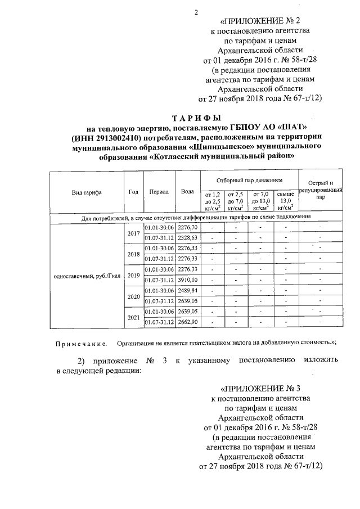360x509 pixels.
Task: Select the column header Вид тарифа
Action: (87, 192)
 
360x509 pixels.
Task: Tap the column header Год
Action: (133, 192)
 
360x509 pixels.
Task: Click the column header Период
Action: (159, 192)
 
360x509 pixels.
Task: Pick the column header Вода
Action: (187, 192)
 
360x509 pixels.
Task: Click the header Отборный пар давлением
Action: (249, 180)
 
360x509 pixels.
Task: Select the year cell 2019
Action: (133, 275)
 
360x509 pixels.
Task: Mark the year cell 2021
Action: (133, 317)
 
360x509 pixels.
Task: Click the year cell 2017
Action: (133, 233)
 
